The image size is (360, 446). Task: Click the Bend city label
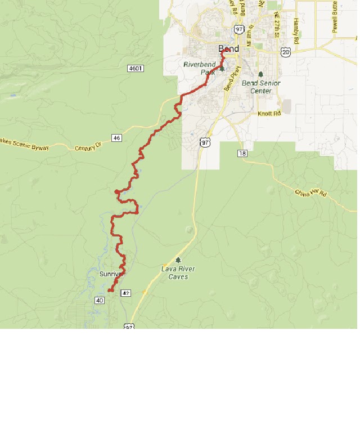(228, 48)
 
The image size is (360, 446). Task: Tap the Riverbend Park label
(199, 68)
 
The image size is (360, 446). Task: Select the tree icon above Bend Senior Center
(260, 74)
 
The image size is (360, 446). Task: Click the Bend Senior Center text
(260, 87)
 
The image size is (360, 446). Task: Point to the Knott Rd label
(269, 114)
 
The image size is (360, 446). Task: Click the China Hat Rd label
(310, 193)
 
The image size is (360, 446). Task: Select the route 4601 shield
(136, 68)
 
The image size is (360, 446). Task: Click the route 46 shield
(116, 138)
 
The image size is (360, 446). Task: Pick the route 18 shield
(242, 153)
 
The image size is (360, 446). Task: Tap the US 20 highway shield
(286, 52)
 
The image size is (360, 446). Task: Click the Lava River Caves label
(178, 273)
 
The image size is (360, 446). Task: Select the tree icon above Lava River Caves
(178, 260)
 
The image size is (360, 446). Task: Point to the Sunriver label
(110, 274)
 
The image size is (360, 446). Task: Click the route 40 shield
(100, 300)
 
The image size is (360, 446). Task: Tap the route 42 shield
(125, 293)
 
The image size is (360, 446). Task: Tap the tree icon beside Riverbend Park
(222, 68)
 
